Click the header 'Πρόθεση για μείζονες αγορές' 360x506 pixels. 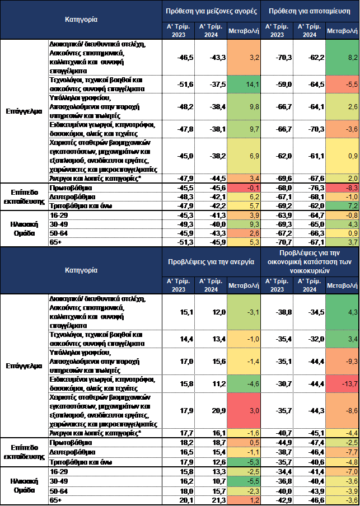[x=212, y=11]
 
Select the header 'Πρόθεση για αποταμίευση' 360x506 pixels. [x=310, y=11]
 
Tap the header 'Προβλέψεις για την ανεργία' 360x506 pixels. [x=212, y=261]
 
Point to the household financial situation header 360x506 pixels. [x=310, y=261]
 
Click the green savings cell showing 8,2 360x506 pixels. [x=342, y=57]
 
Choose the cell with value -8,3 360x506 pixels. [x=342, y=188]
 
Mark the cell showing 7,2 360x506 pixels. [x=342, y=206]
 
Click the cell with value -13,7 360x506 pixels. [x=342, y=383]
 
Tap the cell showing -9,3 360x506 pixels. [x=342, y=361]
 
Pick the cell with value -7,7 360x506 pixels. [x=342, y=452]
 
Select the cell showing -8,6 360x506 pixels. [x=342, y=411]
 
